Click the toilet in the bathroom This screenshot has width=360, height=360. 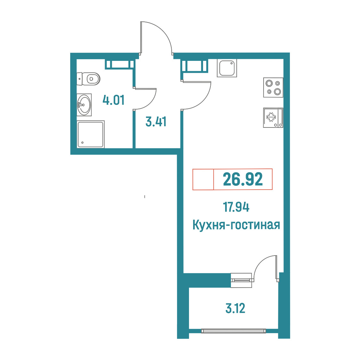pyautogui.click(x=88, y=79)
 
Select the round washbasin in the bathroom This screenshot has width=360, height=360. pyautogui.click(x=84, y=105)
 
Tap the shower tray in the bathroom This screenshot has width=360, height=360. pyautogui.click(x=90, y=134)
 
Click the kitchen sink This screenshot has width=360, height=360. pyautogui.click(x=227, y=68)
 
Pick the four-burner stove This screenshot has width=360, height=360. pyautogui.click(x=273, y=87)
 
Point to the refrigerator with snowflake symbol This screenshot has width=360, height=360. pyautogui.click(x=273, y=118)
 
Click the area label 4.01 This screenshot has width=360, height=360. pyautogui.click(x=113, y=100)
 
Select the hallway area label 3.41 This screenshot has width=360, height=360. pyautogui.click(x=156, y=121)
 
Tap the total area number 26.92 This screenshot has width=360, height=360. pyautogui.click(x=243, y=179)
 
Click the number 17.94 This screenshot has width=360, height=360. pyautogui.click(x=236, y=207)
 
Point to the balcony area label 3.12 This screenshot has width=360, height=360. pyautogui.click(x=235, y=308)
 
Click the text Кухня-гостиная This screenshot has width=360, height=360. pyautogui.click(x=236, y=225)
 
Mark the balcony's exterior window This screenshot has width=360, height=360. pyautogui.click(x=233, y=331)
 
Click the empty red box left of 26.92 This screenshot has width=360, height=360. pyautogui.click(x=203, y=179)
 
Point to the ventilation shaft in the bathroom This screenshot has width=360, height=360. pyautogui.click(x=119, y=64)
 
